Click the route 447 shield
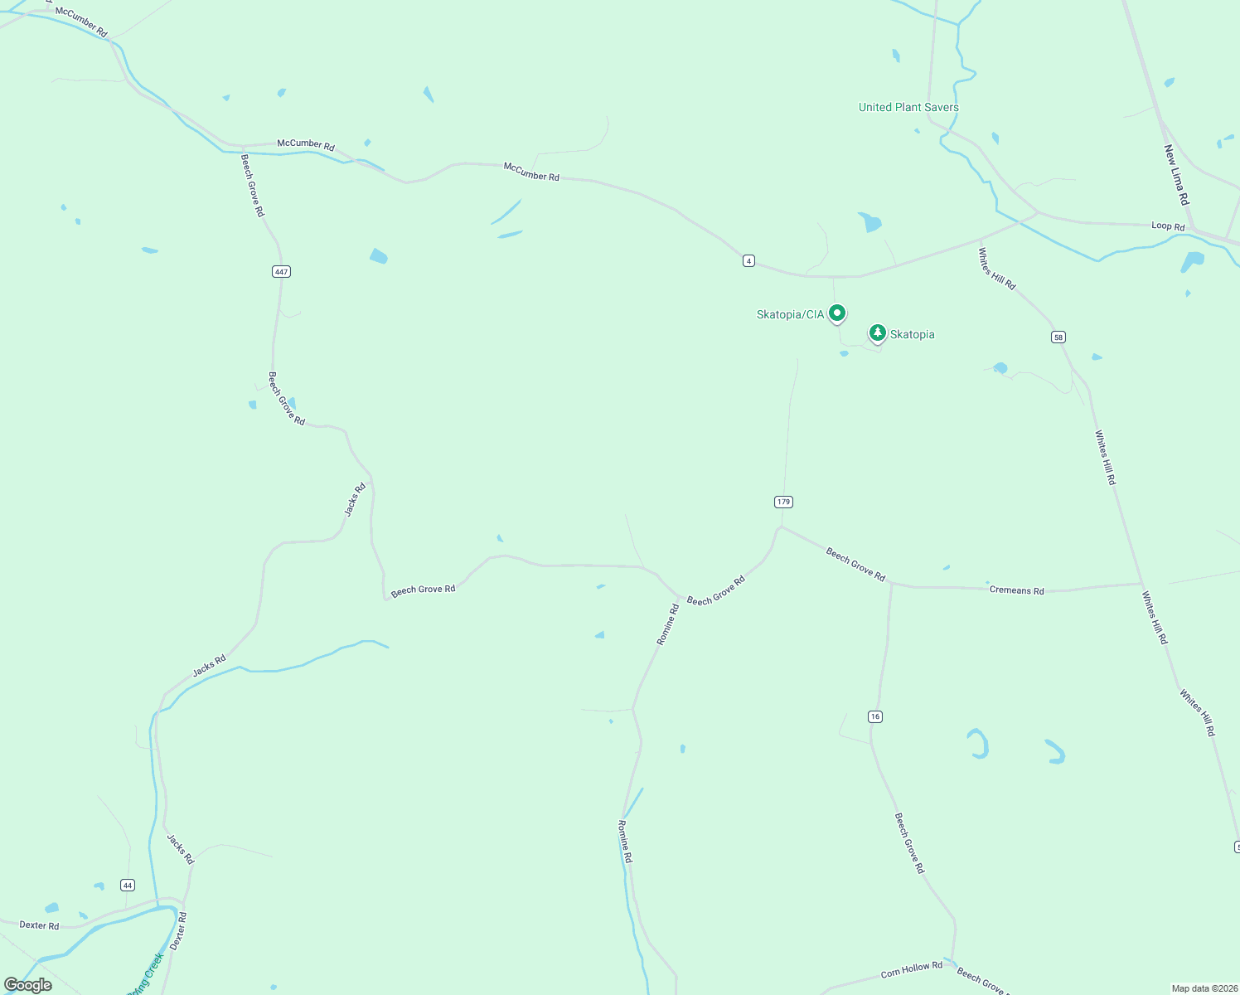281,272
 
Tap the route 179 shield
783,502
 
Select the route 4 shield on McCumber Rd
748,261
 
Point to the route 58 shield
1058,337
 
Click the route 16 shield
875,716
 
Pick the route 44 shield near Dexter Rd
127,886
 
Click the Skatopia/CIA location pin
837,313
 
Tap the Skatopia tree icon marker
877,333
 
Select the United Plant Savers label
908,107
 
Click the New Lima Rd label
1176,175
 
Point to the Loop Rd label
1168,226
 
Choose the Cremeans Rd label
1016,590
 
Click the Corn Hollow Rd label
911,968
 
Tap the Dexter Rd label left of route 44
39,925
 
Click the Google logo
28,984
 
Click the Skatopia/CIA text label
790,315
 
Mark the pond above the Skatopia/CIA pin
869,222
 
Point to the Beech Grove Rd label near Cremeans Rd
855,565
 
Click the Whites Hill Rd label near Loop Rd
996,269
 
